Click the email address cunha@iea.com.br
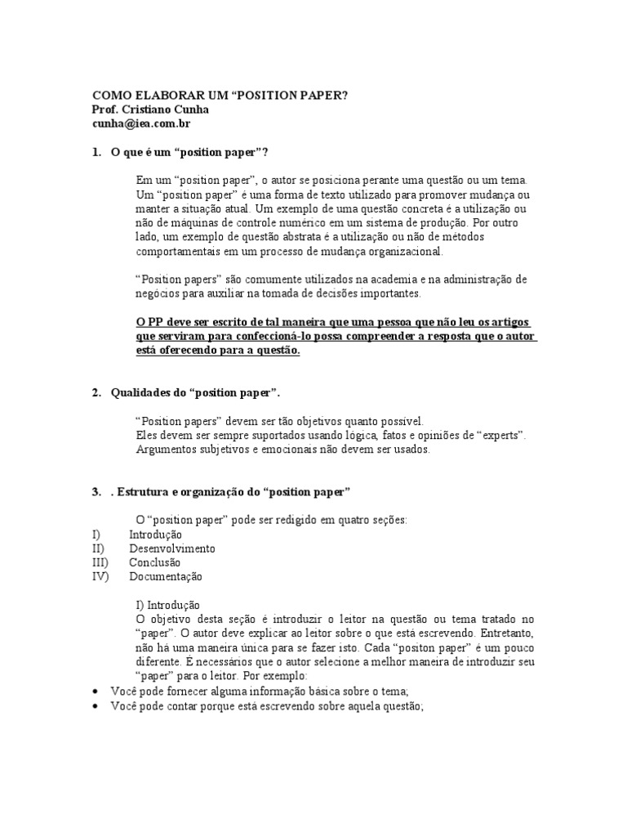point(140,123)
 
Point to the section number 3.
point(96,491)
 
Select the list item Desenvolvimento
point(172,548)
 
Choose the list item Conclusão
point(155,562)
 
